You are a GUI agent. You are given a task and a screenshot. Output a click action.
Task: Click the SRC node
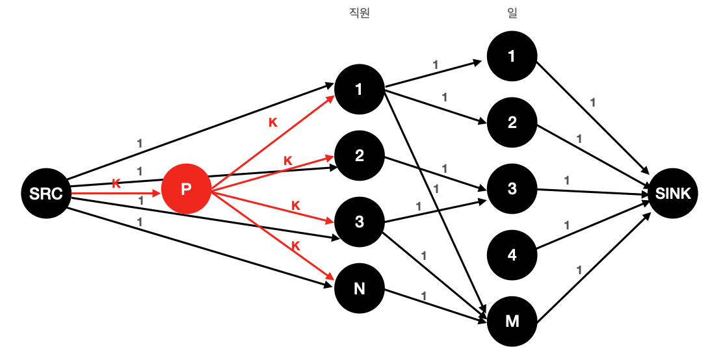point(46,192)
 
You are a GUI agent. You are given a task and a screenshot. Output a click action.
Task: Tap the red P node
point(186,190)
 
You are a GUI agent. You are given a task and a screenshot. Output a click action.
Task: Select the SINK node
point(673,192)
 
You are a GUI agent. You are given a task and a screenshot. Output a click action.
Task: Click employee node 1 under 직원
point(359,90)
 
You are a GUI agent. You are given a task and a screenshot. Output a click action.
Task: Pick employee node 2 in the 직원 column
point(359,156)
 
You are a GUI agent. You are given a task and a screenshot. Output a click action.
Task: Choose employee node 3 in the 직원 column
point(359,222)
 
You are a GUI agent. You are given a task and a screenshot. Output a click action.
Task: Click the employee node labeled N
point(359,289)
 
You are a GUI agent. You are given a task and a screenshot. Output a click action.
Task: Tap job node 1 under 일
point(512,57)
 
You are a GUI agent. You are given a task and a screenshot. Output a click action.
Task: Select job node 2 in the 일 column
point(512,123)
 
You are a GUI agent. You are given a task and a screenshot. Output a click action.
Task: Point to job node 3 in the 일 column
point(512,189)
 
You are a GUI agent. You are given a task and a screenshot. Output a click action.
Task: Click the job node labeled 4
point(512,255)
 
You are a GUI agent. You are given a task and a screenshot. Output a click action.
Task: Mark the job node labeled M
point(512,322)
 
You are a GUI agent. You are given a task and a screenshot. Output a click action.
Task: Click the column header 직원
point(360,14)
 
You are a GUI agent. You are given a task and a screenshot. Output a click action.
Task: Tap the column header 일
point(512,14)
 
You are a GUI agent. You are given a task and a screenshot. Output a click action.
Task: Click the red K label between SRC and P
point(116,183)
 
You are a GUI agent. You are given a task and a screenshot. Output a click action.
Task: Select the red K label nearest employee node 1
point(273,122)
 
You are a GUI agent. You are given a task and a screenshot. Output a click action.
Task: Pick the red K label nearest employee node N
point(295,246)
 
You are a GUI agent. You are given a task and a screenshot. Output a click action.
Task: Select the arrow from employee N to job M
point(436,305)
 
